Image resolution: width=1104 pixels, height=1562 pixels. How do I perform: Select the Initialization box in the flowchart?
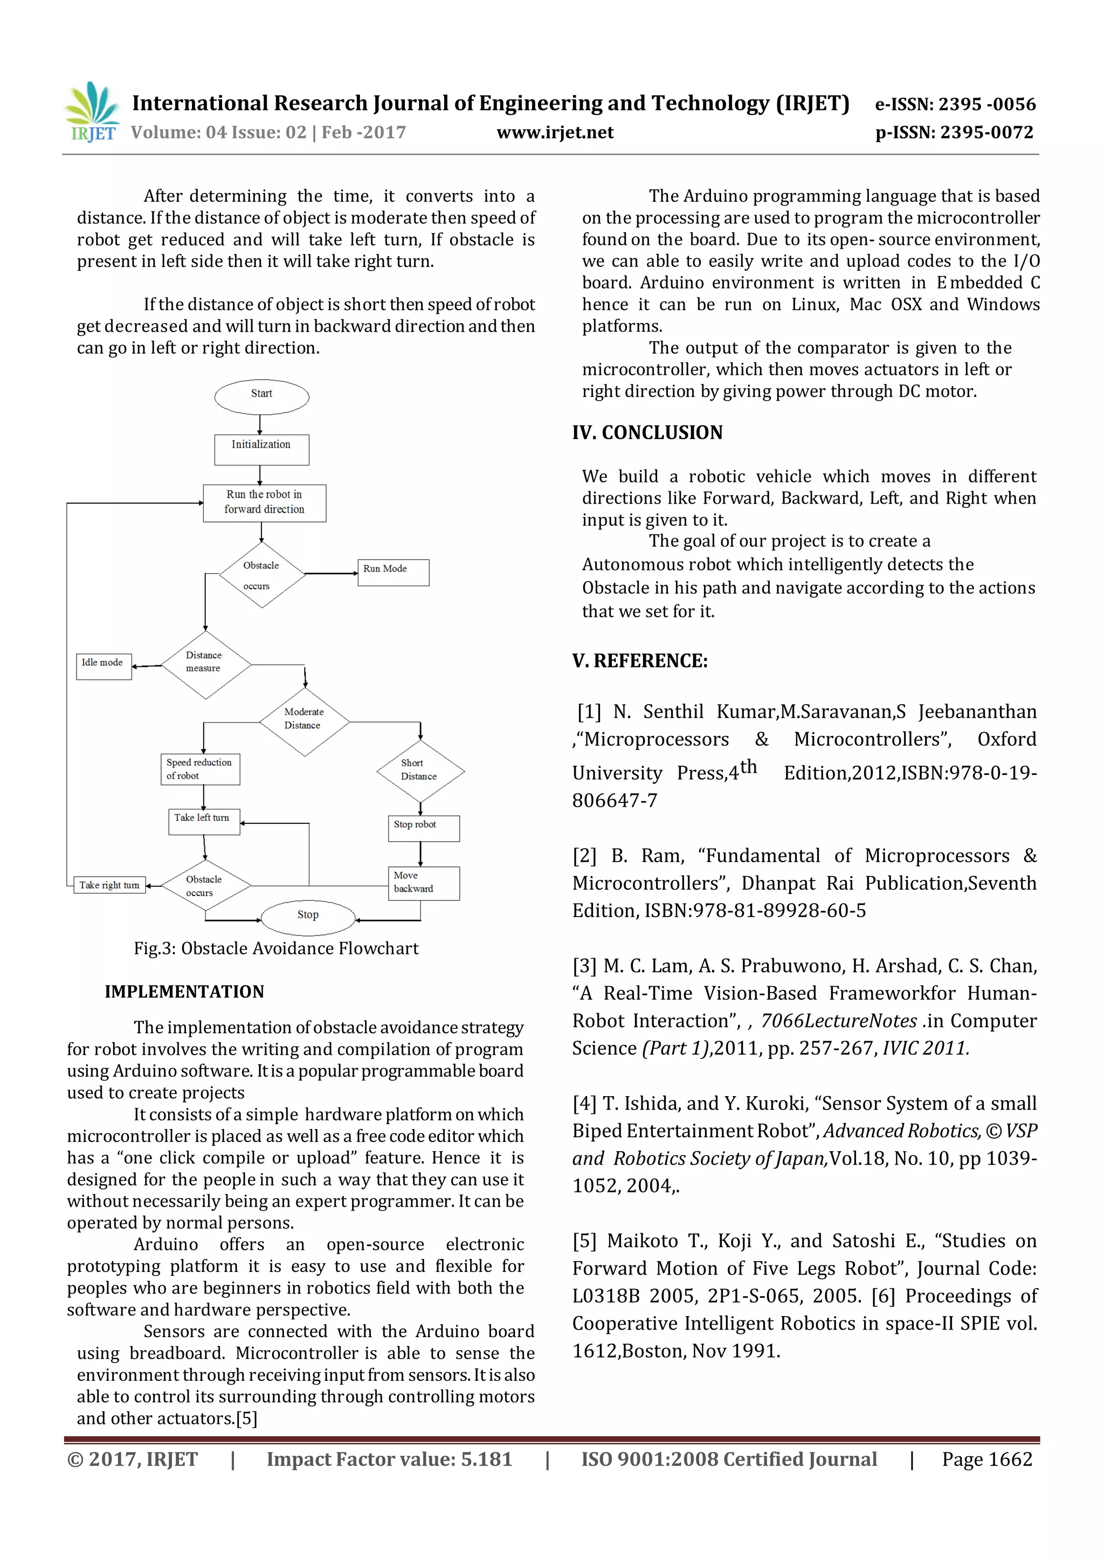261,450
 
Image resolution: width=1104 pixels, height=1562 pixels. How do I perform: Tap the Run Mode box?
393,572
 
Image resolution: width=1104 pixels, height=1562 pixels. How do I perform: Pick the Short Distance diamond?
420,772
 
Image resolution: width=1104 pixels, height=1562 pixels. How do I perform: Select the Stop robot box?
423,827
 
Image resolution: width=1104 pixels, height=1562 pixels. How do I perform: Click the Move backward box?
423,883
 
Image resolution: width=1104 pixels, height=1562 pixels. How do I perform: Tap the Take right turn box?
109,885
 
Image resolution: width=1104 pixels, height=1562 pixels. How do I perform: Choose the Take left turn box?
203,821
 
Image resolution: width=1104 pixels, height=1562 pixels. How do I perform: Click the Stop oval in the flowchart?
307,917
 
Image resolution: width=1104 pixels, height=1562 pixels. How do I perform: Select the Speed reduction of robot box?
200,769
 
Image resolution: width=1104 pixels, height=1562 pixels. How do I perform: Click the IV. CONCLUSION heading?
647,432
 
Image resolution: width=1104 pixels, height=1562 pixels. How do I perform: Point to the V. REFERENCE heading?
639,660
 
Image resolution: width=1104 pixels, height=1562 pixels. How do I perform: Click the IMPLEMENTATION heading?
184,991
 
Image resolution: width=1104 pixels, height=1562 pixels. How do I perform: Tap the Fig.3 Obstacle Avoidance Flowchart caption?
276,948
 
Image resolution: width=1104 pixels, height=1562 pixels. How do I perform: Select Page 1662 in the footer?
986,1459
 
